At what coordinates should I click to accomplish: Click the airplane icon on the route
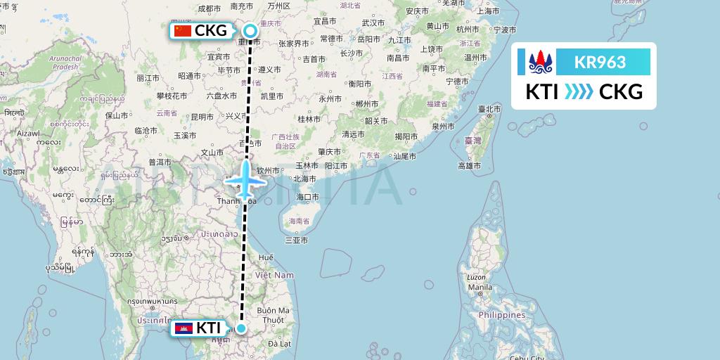(245, 179)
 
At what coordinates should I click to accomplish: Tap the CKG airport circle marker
(250, 31)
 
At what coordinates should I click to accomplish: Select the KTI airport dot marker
(241, 328)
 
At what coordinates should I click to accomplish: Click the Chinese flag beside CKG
(182, 31)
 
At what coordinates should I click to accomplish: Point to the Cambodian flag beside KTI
(184, 328)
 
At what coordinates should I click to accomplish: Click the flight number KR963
(600, 63)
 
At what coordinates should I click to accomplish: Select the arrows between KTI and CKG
(579, 92)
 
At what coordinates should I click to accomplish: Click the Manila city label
(480, 288)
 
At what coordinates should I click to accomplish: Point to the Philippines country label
(501, 316)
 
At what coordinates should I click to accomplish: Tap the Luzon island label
(476, 277)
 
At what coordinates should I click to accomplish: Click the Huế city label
(265, 258)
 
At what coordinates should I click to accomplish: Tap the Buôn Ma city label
(274, 310)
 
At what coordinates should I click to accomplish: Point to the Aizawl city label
(28, 133)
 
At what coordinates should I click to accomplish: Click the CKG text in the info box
(621, 92)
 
